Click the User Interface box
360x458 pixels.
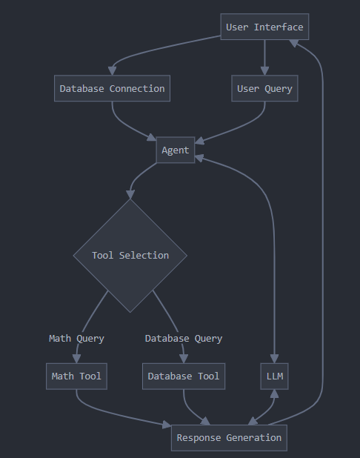coord(264,27)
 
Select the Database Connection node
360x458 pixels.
coord(112,88)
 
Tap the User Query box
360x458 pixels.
coord(264,88)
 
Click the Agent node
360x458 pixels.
coord(176,150)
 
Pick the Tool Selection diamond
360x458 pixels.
coord(130,256)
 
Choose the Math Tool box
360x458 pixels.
coord(76,376)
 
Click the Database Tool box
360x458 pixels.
coord(184,376)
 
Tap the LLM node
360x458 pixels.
coord(275,376)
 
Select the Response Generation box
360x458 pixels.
coord(229,438)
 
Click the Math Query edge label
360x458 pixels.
coord(76,339)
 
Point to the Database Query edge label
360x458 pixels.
coord(184,339)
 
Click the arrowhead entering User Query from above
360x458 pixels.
coord(264,71)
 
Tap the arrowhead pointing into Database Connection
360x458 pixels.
coord(112,71)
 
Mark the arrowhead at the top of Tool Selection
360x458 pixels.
coord(130,194)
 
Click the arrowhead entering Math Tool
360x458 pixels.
coord(76,359)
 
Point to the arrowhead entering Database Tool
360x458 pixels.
coord(184,359)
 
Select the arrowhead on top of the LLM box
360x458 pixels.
coord(275,359)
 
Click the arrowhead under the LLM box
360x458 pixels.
coord(275,394)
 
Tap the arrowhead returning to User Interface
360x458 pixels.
coord(294,43)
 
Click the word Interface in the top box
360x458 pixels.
coord(279,27)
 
